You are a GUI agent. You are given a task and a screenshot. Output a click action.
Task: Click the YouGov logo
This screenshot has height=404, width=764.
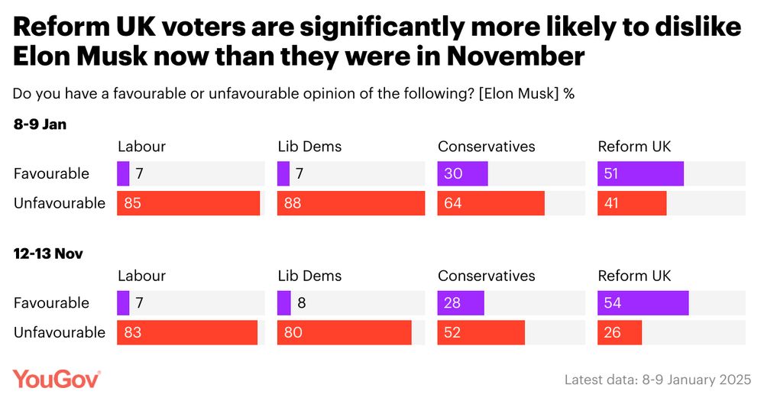coord(57,379)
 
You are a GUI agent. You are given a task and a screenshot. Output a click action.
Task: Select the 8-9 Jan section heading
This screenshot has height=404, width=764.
coord(40,124)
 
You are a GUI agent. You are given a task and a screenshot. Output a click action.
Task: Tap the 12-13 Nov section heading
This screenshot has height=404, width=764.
coord(48,254)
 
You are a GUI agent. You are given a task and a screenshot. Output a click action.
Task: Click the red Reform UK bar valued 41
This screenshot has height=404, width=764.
coord(632,203)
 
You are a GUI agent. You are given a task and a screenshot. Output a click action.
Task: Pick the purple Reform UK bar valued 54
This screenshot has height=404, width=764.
coord(643,303)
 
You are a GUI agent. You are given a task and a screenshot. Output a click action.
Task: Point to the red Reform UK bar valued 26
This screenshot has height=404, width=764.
coord(620,332)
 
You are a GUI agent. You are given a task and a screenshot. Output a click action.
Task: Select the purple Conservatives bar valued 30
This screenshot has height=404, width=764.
coord(462,174)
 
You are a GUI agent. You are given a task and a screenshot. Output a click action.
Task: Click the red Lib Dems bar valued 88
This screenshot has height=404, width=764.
coord(351,203)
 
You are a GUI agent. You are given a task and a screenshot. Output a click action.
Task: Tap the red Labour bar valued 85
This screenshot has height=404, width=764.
coord(188,203)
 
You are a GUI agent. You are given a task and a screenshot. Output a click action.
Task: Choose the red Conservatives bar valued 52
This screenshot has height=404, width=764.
coord(481,332)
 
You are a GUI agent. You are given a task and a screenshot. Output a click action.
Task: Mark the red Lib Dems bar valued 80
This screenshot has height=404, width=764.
coord(344,332)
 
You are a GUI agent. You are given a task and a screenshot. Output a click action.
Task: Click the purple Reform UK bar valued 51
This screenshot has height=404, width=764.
coord(640,174)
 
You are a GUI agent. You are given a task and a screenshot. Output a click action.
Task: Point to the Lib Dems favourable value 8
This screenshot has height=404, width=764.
coord(303,303)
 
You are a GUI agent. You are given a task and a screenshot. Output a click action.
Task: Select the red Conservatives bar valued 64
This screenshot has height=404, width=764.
coord(490,203)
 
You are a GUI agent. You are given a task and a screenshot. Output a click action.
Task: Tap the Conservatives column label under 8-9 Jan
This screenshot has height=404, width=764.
coord(487,147)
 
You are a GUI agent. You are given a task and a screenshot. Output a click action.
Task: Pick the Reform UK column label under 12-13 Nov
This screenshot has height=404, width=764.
coord(634,276)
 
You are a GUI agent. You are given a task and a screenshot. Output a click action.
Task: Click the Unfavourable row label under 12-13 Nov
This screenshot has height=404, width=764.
coord(60,332)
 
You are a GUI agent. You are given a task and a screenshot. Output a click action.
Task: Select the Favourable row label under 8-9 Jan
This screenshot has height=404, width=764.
coord(51,174)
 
